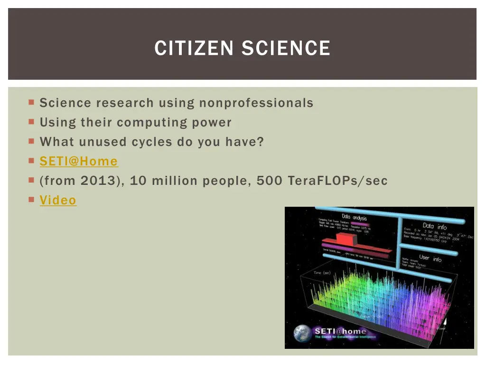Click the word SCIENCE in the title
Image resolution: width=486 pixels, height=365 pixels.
[286, 48]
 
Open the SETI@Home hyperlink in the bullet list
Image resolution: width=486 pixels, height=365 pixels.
[79, 161]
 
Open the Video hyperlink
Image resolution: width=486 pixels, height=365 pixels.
[58, 200]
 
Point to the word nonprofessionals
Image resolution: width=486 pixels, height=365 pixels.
[256, 103]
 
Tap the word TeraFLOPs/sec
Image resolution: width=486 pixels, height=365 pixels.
[337, 181]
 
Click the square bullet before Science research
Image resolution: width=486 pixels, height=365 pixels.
[31, 102]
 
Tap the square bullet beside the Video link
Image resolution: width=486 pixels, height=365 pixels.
[31, 200]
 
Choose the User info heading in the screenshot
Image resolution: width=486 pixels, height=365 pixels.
[430, 258]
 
